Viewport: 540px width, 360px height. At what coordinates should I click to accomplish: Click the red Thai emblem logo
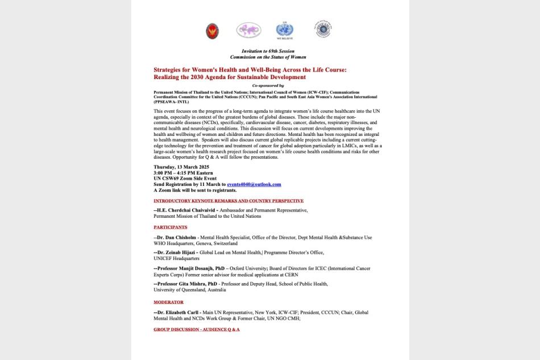(212, 31)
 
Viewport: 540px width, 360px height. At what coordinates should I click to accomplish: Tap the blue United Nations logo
(284, 30)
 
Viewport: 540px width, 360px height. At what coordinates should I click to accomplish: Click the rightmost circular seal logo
(323, 30)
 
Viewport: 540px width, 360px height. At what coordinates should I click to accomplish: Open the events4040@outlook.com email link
(254, 184)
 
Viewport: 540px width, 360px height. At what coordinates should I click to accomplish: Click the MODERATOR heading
(168, 302)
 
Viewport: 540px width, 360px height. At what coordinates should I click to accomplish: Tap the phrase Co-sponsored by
(268, 85)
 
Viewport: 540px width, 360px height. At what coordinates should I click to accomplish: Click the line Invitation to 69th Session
(268, 51)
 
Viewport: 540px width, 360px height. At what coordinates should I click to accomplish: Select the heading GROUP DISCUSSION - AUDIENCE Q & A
(196, 329)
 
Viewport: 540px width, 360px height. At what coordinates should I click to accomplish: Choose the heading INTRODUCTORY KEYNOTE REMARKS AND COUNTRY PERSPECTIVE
(229, 201)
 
